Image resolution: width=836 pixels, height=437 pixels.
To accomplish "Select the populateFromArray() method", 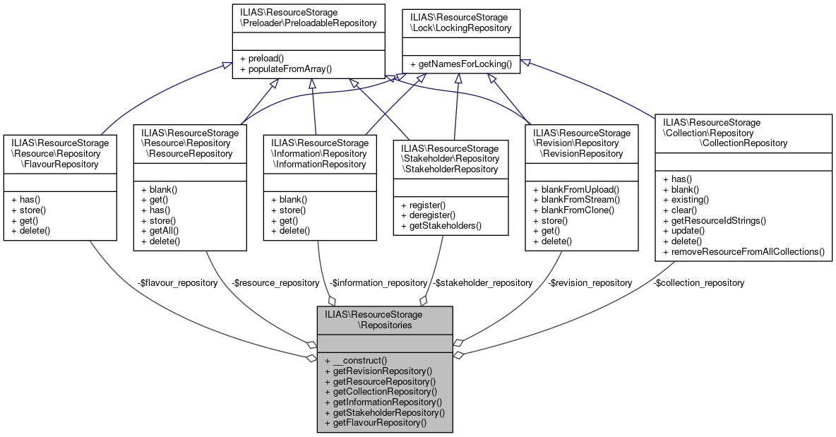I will (286, 69).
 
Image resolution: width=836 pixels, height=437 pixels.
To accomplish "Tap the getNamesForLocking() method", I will (460, 64).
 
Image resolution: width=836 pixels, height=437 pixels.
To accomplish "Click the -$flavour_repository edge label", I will (177, 282).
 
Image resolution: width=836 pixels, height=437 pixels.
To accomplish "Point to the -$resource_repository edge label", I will (275, 282).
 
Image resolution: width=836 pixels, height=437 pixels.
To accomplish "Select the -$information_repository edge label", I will (378, 282).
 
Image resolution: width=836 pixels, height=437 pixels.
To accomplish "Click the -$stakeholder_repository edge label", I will (483, 282).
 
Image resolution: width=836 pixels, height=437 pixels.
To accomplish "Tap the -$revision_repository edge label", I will (590, 282).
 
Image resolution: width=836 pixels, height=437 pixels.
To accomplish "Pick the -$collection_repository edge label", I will (698, 282).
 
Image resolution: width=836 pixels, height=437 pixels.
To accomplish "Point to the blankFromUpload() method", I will (575, 189).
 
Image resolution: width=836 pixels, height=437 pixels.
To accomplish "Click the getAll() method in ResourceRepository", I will (160, 231).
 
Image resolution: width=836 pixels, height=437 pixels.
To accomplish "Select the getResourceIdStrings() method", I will (715, 220).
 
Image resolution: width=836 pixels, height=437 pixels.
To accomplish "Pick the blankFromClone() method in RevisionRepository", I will (574, 210).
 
